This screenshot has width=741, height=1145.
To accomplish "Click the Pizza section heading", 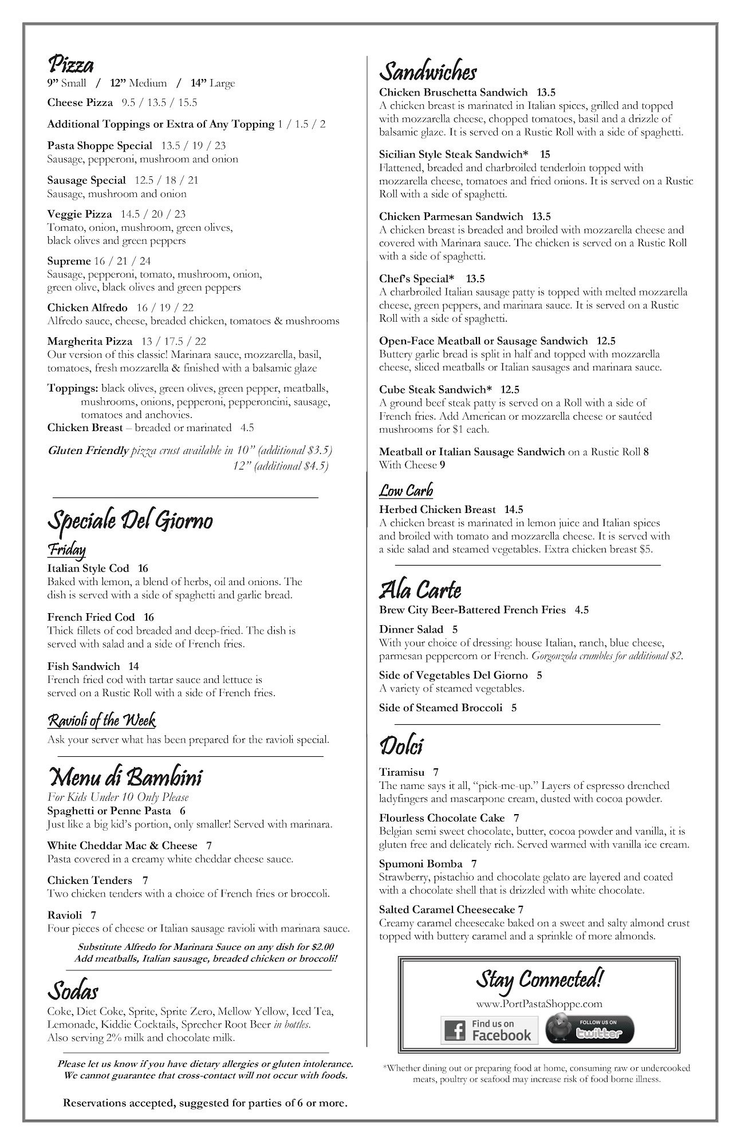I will [70, 64].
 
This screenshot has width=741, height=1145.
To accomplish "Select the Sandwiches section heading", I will [428, 72].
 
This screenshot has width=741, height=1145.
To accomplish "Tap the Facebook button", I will [489, 1030].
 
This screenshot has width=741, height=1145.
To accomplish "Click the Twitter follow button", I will [589, 1029].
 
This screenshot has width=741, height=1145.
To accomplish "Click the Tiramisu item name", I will [400, 772].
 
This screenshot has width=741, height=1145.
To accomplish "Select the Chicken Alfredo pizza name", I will [88, 307].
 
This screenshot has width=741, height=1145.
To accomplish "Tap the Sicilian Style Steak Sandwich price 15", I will [545, 154].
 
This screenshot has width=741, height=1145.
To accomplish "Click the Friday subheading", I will [66, 550].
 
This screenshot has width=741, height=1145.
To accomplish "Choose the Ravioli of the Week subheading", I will [101, 720].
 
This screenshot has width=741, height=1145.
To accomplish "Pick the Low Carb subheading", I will [406, 491].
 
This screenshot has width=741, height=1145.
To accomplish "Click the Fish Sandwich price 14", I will [133, 666].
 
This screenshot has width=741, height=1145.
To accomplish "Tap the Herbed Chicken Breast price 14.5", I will [514, 509].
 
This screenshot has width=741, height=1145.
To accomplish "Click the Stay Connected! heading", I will [539, 980].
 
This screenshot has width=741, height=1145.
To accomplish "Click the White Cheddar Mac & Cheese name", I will [122, 845].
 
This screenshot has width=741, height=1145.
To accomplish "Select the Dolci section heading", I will [401, 746].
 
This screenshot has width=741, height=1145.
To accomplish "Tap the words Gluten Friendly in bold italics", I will [88, 450].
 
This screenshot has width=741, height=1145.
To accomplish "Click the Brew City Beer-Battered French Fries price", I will [582, 610].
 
